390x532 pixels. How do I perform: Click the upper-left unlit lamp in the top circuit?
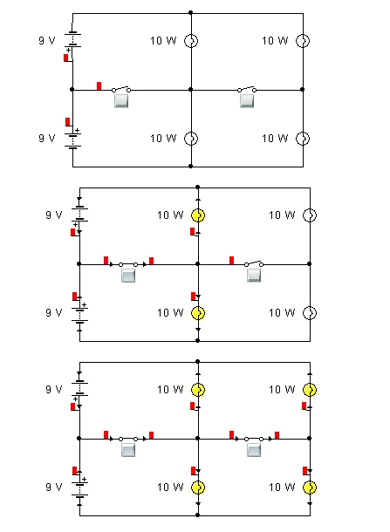point(191,41)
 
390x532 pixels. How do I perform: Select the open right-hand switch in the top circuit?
point(247,89)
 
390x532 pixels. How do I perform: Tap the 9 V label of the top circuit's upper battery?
point(47,41)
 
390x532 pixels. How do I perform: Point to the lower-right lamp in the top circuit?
point(303,139)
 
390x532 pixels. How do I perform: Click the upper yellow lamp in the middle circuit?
point(198,215)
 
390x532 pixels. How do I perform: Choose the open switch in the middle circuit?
point(254,263)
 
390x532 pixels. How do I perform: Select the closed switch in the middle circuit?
point(128,264)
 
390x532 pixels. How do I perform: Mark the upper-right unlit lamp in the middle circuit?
point(310,215)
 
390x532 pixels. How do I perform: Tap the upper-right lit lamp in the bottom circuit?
point(310,390)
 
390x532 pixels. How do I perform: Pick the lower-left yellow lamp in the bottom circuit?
point(198,488)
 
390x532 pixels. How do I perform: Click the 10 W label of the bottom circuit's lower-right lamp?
point(282,488)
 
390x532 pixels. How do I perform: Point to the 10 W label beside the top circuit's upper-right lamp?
point(275,41)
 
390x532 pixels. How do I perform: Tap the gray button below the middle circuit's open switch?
point(254,276)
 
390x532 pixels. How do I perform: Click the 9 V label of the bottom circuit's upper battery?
point(54,390)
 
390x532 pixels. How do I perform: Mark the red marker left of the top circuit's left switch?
point(99,85)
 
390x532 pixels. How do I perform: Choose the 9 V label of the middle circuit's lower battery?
point(54,312)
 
